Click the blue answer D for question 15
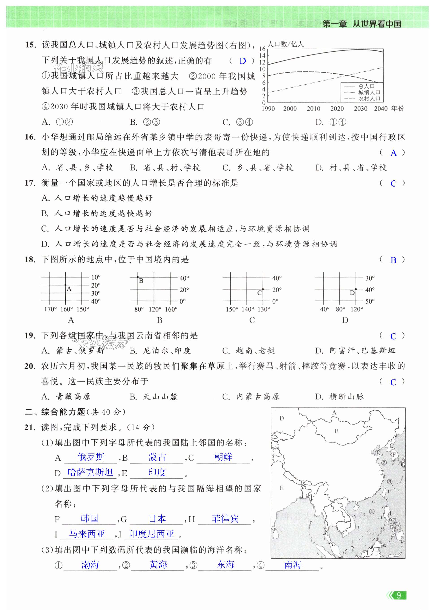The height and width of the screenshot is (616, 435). pyautogui.click(x=242, y=61)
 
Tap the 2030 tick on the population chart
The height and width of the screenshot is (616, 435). pyautogui.click(x=360, y=109)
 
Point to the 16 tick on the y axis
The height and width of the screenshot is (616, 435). pyautogui.click(x=262, y=49)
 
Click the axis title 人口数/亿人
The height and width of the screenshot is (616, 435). pyautogui.click(x=286, y=44)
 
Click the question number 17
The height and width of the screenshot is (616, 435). pyautogui.click(x=30, y=183)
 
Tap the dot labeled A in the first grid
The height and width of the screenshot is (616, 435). pyautogui.click(x=65, y=285)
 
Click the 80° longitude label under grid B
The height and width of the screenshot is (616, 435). pyautogui.click(x=139, y=309)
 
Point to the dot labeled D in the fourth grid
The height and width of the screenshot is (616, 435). pyautogui.click(x=356, y=289)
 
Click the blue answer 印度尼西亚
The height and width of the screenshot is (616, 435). pyautogui.click(x=151, y=534)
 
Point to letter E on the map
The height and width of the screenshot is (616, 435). pyautogui.click(x=281, y=488)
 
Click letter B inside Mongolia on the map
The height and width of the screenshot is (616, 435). pyautogui.click(x=336, y=431)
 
